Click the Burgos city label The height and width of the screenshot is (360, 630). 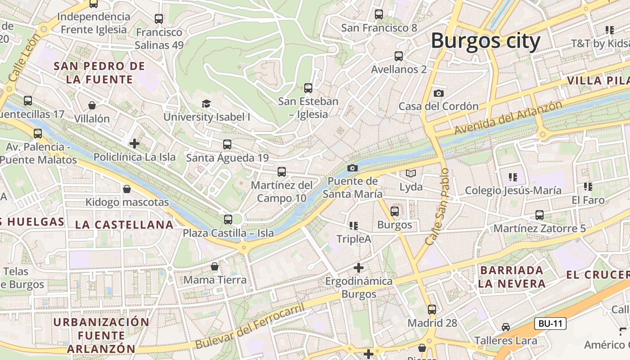pyautogui.click(x=486, y=41)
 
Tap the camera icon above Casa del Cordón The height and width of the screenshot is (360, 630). pyautogui.click(x=438, y=93)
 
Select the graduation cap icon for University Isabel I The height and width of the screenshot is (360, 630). pyautogui.click(x=206, y=104)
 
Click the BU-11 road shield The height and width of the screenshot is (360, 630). pyautogui.click(x=550, y=323)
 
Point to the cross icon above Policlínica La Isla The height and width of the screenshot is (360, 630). pyautogui.click(x=134, y=144)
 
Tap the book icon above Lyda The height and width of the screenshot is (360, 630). pyautogui.click(x=411, y=173)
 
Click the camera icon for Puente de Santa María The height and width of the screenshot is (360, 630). pyautogui.click(x=352, y=168)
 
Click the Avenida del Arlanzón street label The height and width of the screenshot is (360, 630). pyautogui.click(x=508, y=118)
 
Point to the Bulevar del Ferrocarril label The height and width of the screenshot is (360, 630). pyautogui.click(x=250, y=326)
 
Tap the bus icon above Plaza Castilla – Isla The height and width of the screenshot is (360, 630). pyautogui.click(x=228, y=220)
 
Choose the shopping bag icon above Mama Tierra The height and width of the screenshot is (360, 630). pyautogui.click(x=215, y=266)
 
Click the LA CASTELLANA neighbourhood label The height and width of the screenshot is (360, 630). pyautogui.click(x=124, y=225)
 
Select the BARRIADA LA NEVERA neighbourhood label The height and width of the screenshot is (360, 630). pyautogui.click(x=512, y=277)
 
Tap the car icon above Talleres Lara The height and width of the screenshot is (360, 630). pyautogui.click(x=505, y=327)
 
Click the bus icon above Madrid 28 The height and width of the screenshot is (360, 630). pyautogui.click(x=432, y=310)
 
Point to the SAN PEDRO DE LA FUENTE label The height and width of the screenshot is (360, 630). pyautogui.click(x=99, y=73)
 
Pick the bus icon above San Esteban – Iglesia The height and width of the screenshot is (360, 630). pyautogui.click(x=308, y=88)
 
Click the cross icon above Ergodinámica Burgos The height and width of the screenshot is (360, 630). pyautogui.click(x=358, y=268)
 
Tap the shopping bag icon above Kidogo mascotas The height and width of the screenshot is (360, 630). pyautogui.click(x=127, y=189)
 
